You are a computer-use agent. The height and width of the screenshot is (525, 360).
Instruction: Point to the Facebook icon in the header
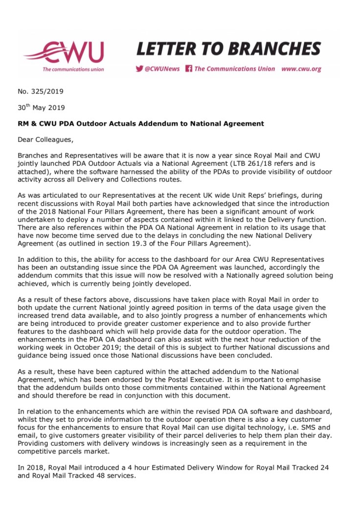[189, 69]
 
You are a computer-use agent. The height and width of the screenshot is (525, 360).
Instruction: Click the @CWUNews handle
[162, 69]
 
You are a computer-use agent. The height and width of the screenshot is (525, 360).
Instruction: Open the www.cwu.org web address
[301, 69]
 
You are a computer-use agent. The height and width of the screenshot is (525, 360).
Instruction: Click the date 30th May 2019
[41, 107]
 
